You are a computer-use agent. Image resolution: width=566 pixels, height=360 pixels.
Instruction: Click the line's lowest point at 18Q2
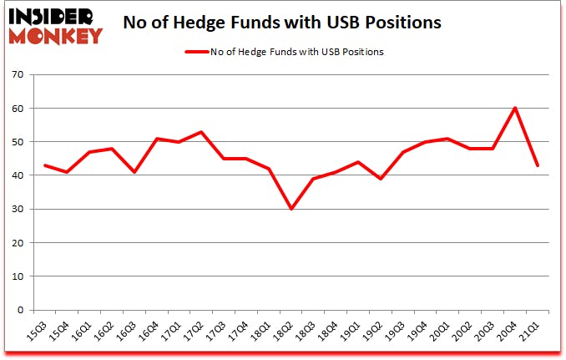tap(291, 209)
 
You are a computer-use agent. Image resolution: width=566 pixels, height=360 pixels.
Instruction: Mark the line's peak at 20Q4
tap(515, 108)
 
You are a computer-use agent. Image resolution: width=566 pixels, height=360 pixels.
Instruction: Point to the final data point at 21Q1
tap(538, 165)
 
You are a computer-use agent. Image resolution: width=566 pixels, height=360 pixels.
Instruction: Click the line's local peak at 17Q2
tap(200, 132)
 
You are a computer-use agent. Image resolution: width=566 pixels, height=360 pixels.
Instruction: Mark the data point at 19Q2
tap(380, 179)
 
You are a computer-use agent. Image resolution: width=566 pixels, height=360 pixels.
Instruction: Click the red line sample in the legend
tap(196, 52)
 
